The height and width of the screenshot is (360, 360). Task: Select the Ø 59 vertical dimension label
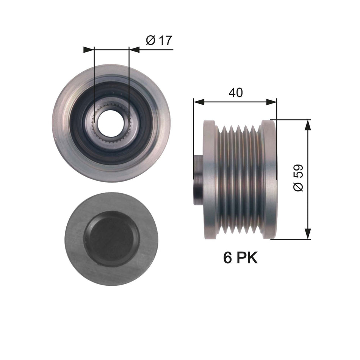(299, 178)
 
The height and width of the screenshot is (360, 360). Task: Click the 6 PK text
(240, 258)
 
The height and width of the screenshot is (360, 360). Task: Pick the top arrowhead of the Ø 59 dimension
(308, 125)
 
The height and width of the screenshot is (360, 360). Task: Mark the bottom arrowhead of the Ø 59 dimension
(308, 234)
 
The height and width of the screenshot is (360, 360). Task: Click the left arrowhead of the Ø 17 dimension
(88, 49)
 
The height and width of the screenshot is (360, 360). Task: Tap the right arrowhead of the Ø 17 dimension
(134, 49)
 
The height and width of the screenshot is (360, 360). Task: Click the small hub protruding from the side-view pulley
(198, 180)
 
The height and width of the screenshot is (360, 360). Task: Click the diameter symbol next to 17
(150, 41)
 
